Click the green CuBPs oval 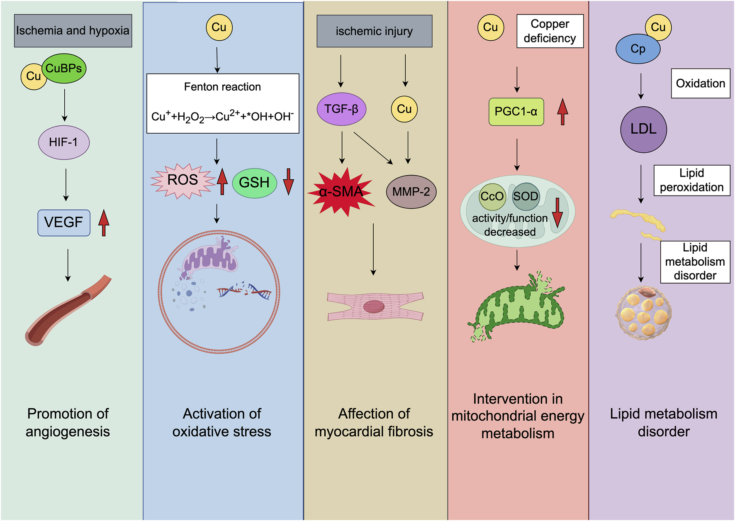point(64,68)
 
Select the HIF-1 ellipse point(64,142)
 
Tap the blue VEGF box point(64,223)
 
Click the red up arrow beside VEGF point(104,223)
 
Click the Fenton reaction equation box point(223,103)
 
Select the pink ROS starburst point(183,181)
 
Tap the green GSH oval point(254,183)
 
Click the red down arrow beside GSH point(288,181)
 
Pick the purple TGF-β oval point(341,109)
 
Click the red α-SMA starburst point(341,192)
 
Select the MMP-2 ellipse point(411,192)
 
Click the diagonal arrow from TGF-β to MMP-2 point(372,148)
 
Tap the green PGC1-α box point(516,112)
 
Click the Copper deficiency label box point(550,31)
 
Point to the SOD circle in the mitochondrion point(526,196)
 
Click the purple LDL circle point(643,130)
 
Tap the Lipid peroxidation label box point(691,180)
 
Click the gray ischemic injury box point(374,31)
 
